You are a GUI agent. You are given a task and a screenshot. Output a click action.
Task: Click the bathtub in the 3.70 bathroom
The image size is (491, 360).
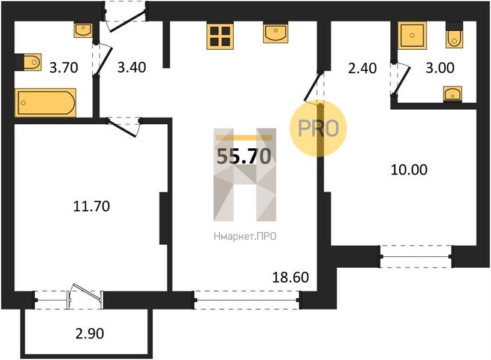[46, 103]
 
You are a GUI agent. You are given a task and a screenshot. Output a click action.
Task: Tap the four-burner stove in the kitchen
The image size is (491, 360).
[220, 37]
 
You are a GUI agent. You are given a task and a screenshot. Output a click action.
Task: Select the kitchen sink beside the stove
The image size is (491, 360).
[275, 33]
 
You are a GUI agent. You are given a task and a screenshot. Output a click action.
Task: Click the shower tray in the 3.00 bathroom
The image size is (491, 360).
[412, 35]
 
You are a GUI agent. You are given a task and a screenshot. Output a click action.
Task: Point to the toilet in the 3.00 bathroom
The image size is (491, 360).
[454, 35]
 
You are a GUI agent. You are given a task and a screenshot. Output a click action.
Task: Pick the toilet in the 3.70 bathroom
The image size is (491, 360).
[28, 62]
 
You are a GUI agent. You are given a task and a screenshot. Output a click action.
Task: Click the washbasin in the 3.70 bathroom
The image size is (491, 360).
[83, 30]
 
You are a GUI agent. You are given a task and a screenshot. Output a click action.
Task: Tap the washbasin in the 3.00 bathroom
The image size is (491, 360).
[453, 94]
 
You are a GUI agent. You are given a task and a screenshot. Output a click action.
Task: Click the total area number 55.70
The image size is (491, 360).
[244, 156]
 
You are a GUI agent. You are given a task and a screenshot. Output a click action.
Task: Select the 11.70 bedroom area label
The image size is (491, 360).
[92, 206]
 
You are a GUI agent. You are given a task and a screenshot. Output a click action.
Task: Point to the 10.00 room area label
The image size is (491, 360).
[409, 170]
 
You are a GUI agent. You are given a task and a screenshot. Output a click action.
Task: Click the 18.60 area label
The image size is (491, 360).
[291, 277]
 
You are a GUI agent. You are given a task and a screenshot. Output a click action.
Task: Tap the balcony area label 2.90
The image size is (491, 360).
[89, 334]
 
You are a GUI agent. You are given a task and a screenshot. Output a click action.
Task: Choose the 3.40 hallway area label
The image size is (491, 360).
[131, 67]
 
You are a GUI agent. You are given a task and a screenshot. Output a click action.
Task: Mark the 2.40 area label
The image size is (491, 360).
[362, 68]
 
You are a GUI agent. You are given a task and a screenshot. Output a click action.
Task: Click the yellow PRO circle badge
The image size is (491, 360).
[318, 128]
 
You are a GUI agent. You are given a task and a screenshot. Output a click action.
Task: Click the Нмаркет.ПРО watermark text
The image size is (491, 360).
[245, 236]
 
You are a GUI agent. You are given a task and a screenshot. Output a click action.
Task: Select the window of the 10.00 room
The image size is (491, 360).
[416, 257]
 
